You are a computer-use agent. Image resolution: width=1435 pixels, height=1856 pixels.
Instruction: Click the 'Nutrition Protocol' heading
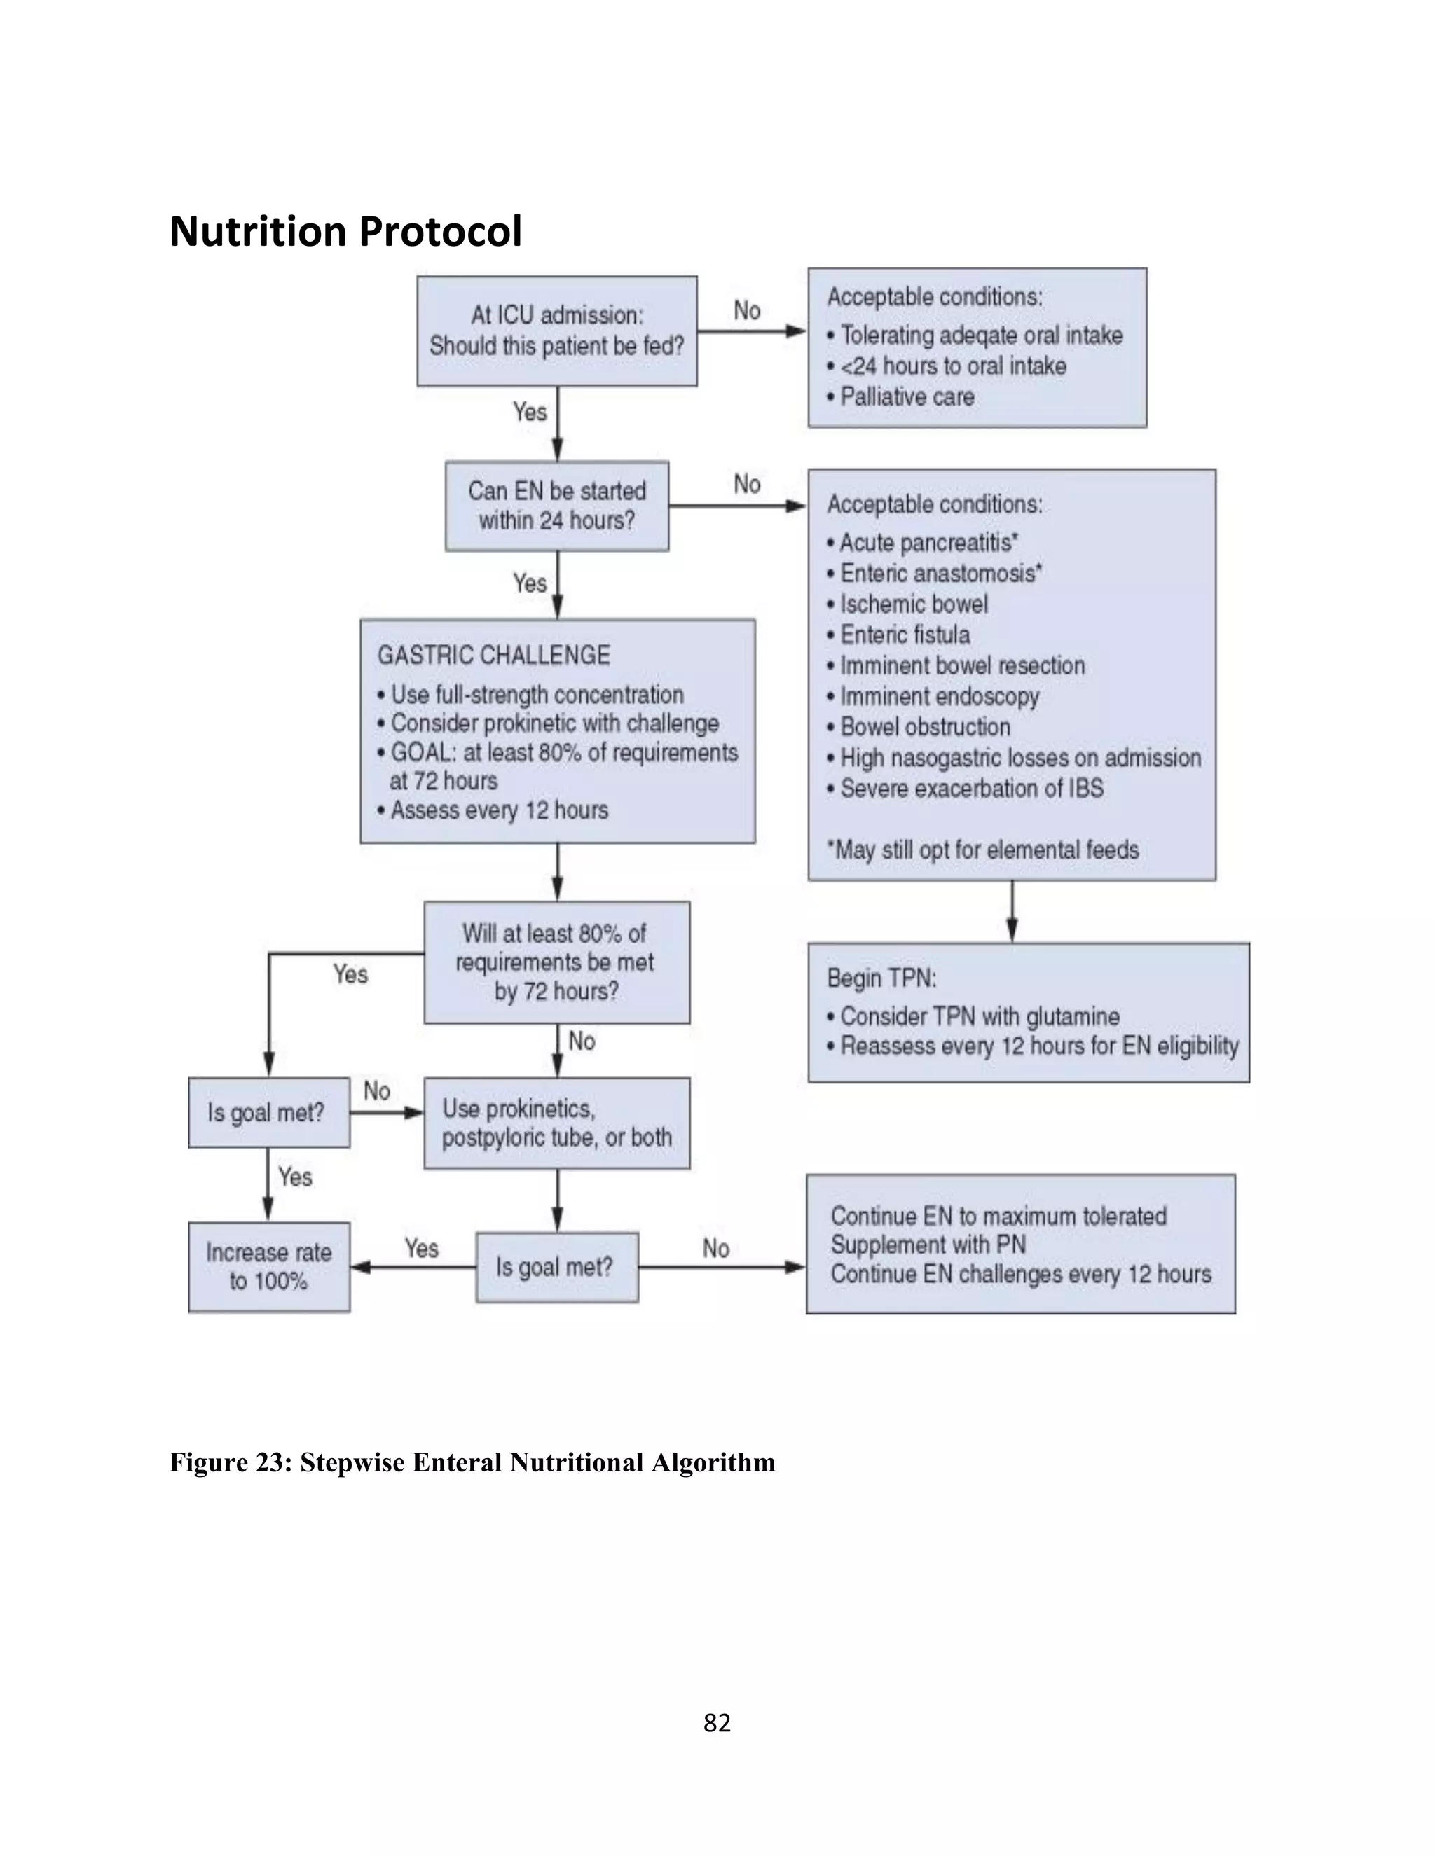point(345,231)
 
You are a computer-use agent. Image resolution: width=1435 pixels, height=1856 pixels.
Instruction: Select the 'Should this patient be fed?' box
point(557,331)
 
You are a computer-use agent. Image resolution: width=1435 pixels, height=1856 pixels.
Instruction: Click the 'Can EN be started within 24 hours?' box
point(557,506)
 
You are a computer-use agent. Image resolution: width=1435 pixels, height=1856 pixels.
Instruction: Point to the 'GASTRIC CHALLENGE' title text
point(493,656)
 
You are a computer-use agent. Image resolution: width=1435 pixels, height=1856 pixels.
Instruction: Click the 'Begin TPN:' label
point(881,978)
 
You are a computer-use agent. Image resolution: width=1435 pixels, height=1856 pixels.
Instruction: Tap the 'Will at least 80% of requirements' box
point(557,962)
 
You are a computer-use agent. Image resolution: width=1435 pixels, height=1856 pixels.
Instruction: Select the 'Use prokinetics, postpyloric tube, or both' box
point(557,1123)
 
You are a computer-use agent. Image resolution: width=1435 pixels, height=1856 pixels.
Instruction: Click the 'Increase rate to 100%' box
point(268,1266)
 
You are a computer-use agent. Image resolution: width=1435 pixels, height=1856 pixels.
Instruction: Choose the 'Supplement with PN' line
point(928,1245)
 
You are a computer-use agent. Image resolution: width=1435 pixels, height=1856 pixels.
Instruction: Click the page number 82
point(717,1723)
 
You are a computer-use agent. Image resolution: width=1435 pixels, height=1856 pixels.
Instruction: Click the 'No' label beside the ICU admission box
point(746,311)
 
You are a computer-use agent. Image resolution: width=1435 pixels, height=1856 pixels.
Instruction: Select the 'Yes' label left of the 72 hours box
point(350,974)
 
